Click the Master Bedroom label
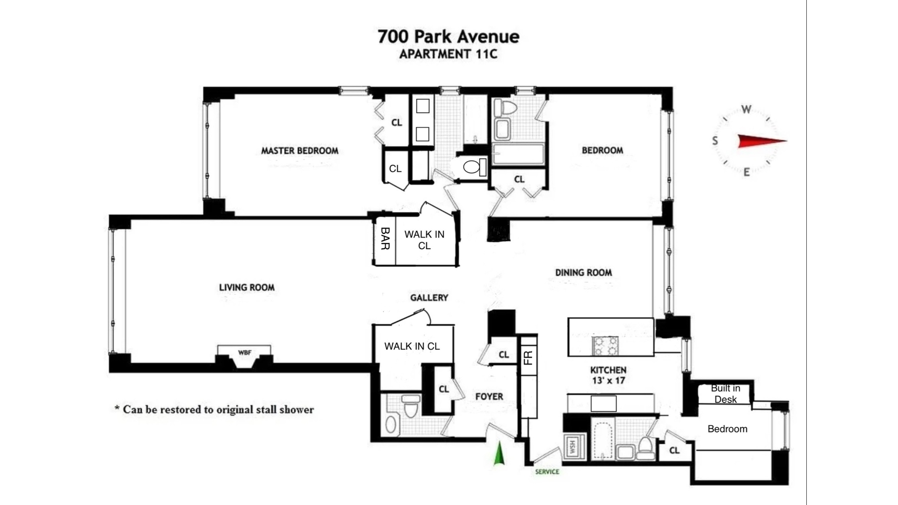(299, 151)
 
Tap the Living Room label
(246, 287)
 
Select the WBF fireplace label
(245, 353)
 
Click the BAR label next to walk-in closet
(385, 238)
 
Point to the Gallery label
(429, 297)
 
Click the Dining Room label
(583, 272)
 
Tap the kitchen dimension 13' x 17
(608, 381)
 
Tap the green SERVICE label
(547, 471)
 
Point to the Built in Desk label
(725, 394)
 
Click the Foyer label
(489, 397)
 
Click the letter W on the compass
(746, 110)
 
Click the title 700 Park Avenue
(448, 36)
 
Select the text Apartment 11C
(448, 54)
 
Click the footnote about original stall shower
(214, 410)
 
